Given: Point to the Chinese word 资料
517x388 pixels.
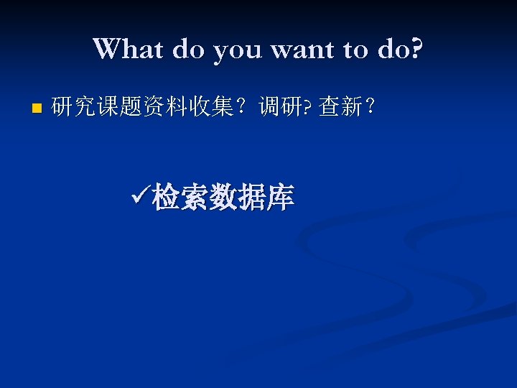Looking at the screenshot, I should pos(146,108).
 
